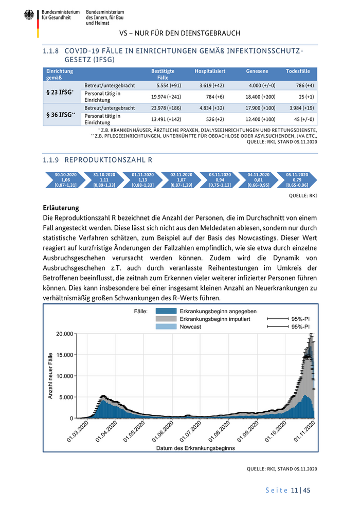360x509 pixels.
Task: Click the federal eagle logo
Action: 29,16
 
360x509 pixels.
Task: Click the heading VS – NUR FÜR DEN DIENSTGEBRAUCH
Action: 179,33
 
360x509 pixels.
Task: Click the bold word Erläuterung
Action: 61,208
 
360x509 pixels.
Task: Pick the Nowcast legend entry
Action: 190,326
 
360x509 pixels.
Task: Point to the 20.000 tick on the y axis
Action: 64,334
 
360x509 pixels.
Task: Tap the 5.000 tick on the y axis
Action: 66,397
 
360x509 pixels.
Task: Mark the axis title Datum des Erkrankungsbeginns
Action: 195,448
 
